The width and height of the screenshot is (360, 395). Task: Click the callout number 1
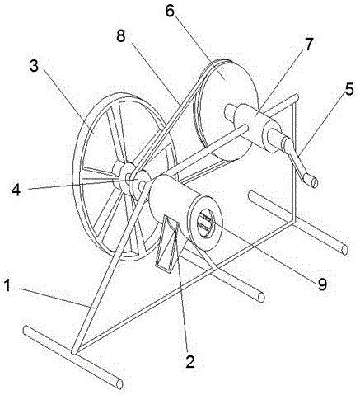tap(7, 285)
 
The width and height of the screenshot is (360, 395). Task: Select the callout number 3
tap(35, 66)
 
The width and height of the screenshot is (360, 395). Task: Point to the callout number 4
tap(16, 189)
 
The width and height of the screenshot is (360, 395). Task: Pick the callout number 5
tap(349, 89)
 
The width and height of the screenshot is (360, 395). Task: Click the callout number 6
tap(170, 10)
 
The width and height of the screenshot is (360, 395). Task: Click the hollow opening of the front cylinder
tap(205, 223)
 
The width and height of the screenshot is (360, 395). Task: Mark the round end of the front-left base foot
tap(119, 383)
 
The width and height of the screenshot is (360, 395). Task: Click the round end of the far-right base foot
tap(344, 250)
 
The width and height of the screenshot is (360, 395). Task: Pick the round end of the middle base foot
tap(261, 297)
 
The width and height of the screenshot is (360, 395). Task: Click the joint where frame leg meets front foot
tap(75, 351)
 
